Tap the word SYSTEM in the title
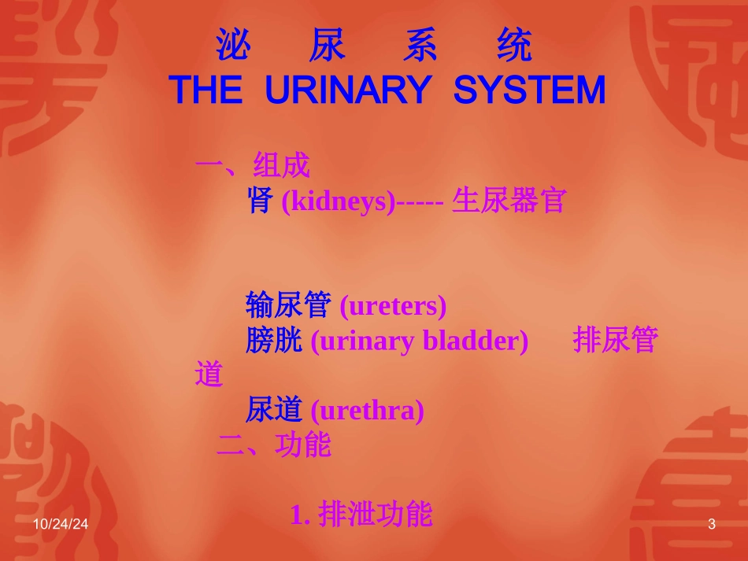click(x=529, y=91)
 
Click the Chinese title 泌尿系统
click(x=374, y=47)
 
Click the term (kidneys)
click(x=338, y=202)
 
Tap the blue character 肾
click(x=260, y=201)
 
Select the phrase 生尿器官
click(x=509, y=201)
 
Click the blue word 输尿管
click(x=288, y=304)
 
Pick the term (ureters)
click(x=393, y=306)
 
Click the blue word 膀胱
click(x=274, y=341)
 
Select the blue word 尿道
click(x=274, y=410)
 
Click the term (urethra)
click(x=367, y=411)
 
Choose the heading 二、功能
click(x=273, y=445)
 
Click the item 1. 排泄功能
click(x=361, y=515)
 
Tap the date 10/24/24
click(x=61, y=525)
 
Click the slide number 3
click(x=712, y=525)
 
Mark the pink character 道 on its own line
click(x=209, y=375)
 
